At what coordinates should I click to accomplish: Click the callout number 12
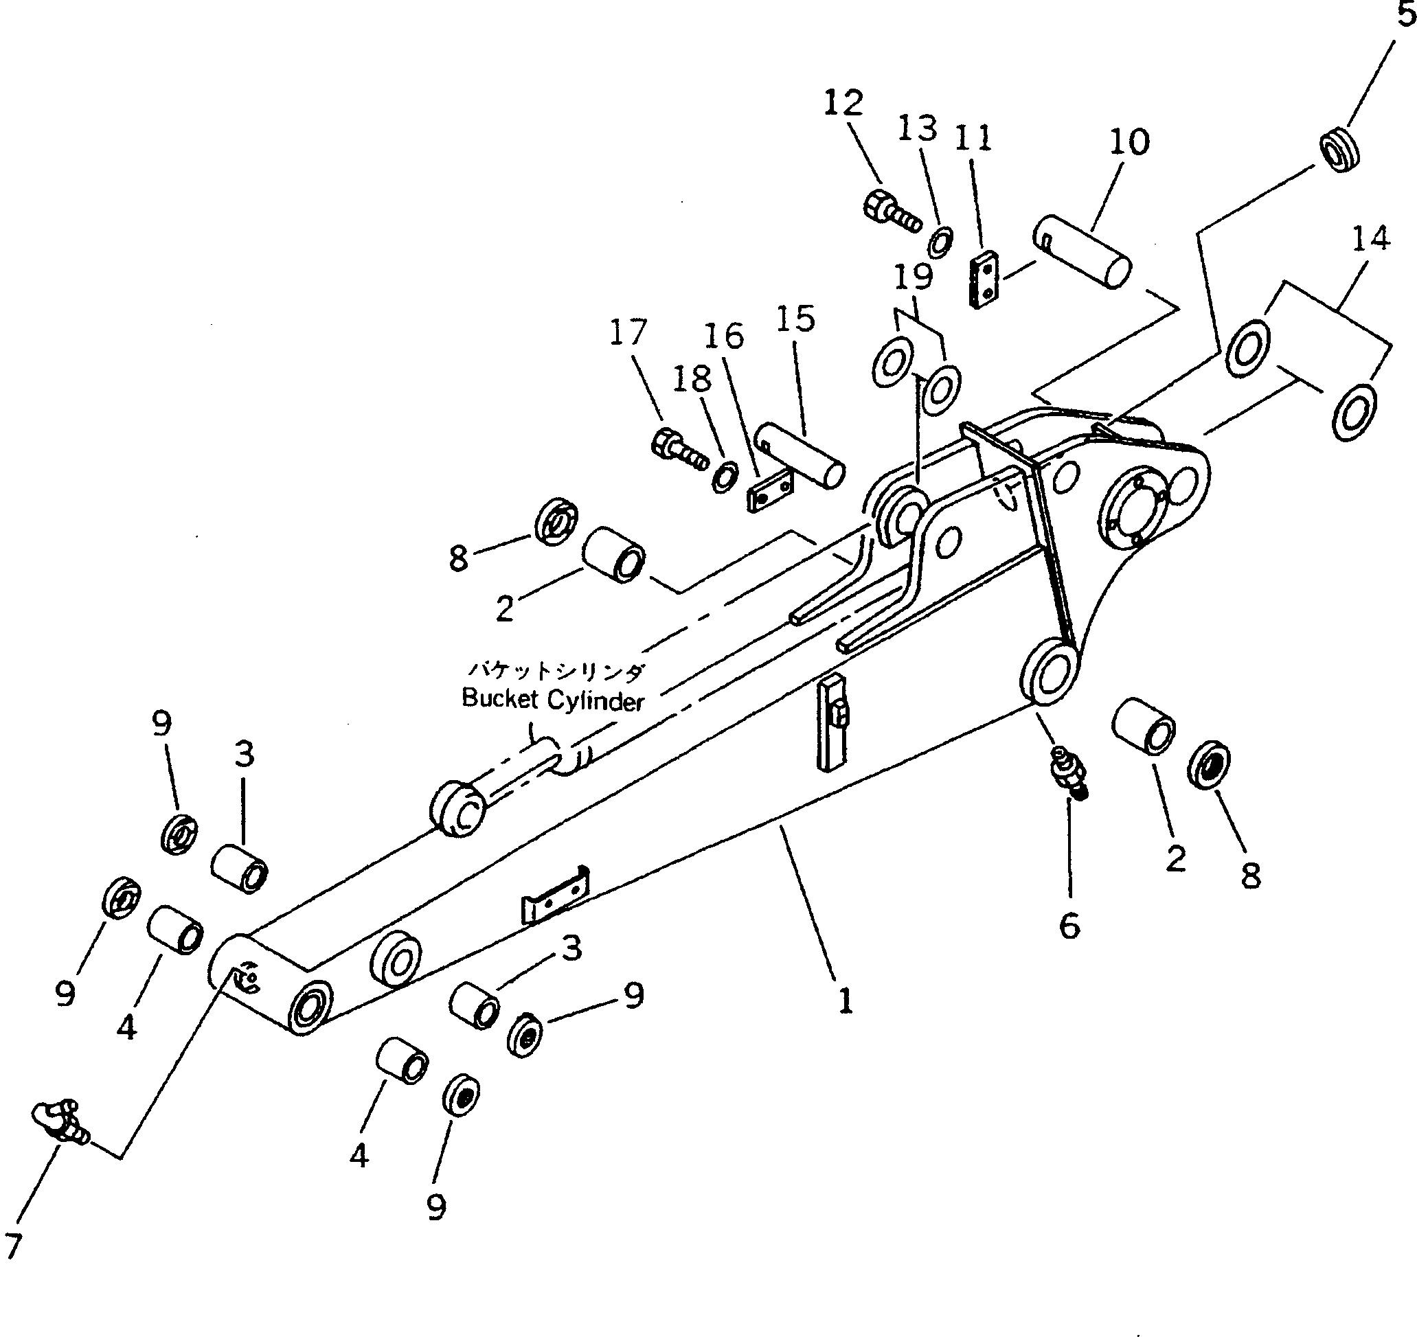843,103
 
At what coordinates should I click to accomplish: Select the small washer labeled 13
940,242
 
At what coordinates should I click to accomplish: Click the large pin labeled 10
1081,251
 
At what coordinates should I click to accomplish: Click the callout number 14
1371,239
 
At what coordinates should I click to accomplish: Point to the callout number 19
913,277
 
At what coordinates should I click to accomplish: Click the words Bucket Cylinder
552,700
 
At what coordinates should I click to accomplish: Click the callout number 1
845,1001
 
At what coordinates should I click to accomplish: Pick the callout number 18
692,378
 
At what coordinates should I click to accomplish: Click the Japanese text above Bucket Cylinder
555,671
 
